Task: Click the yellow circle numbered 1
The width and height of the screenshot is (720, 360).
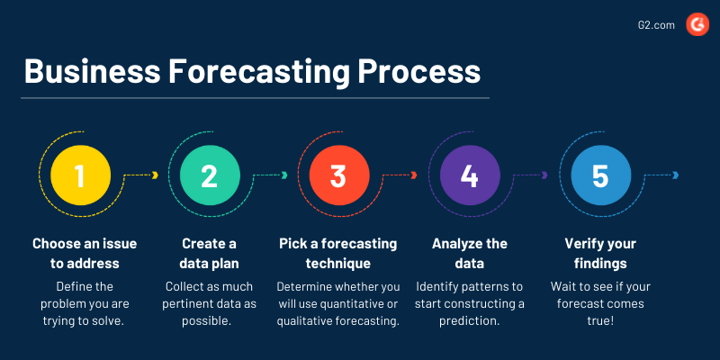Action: click(80, 175)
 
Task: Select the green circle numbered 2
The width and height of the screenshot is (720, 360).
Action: click(210, 175)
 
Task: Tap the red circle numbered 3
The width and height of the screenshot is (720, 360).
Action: click(339, 175)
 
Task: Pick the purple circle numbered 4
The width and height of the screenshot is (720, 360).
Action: click(470, 175)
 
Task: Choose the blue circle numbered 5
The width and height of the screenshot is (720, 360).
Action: click(600, 175)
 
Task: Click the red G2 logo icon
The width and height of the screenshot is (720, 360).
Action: click(697, 25)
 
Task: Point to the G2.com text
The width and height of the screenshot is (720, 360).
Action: click(656, 25)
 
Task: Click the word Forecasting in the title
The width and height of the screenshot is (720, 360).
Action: click(260, 73)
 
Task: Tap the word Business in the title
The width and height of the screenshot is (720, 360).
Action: click(93, 72)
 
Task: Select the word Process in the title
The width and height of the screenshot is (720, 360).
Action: click(419, 72)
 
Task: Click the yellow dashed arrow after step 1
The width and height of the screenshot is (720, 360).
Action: click(140, 175)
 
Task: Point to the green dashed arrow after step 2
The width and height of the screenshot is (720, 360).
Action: click(270, 175)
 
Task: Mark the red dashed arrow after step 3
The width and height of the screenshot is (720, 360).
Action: click(400, 175)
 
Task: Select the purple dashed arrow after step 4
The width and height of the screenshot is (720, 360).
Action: click(530, 175)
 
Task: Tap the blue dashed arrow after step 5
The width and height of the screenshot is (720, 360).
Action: click(661, 175)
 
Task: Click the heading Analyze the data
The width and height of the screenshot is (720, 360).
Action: click(470, 254)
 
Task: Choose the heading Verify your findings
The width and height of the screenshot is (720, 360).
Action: click(600, 254)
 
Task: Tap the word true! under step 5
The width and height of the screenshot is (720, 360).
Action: click(600, 321)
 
